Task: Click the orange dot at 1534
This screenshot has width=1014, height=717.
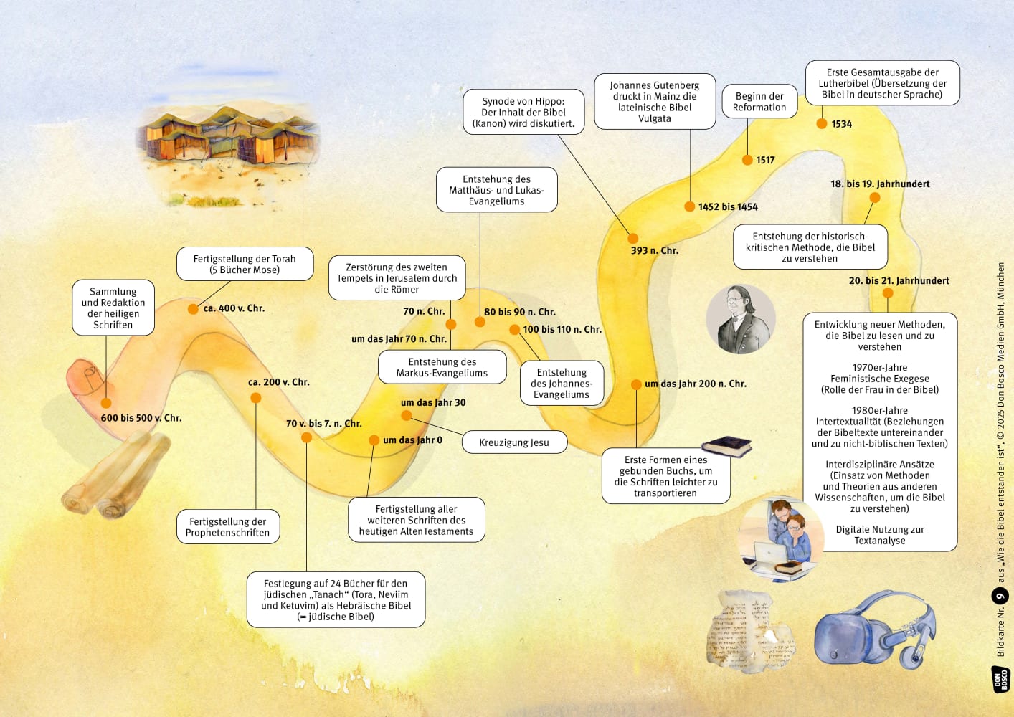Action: click(x=822, y=124)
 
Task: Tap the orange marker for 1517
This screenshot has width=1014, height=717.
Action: click(x=747, y=160)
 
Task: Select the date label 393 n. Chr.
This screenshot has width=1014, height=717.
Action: click(x=654, y=250)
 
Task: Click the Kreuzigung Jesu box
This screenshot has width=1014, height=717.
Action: click(x=514, y=442)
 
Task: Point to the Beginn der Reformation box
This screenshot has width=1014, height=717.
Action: click(x=759, y=102)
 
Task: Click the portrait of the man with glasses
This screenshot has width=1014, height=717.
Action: click(x=741, y=319)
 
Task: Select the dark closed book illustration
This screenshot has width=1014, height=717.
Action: click(x=727, y=445)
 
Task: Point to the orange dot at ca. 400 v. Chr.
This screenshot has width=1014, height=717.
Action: click(x=193, y=309)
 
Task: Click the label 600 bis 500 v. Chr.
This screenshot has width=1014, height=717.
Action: click(x=141, y=418)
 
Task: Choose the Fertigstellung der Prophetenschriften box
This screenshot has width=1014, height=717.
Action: click(x=227, y=527)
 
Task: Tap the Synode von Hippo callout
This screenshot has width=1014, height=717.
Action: click(x=523, y=113)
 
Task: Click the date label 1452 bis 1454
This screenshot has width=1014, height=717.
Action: click(x=728, y=207)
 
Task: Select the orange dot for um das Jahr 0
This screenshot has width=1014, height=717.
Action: click(x=374, y=440)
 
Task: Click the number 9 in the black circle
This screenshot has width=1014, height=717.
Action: click(x=1000, y=596)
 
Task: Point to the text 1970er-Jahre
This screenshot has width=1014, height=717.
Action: click(x=880, y=368)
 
